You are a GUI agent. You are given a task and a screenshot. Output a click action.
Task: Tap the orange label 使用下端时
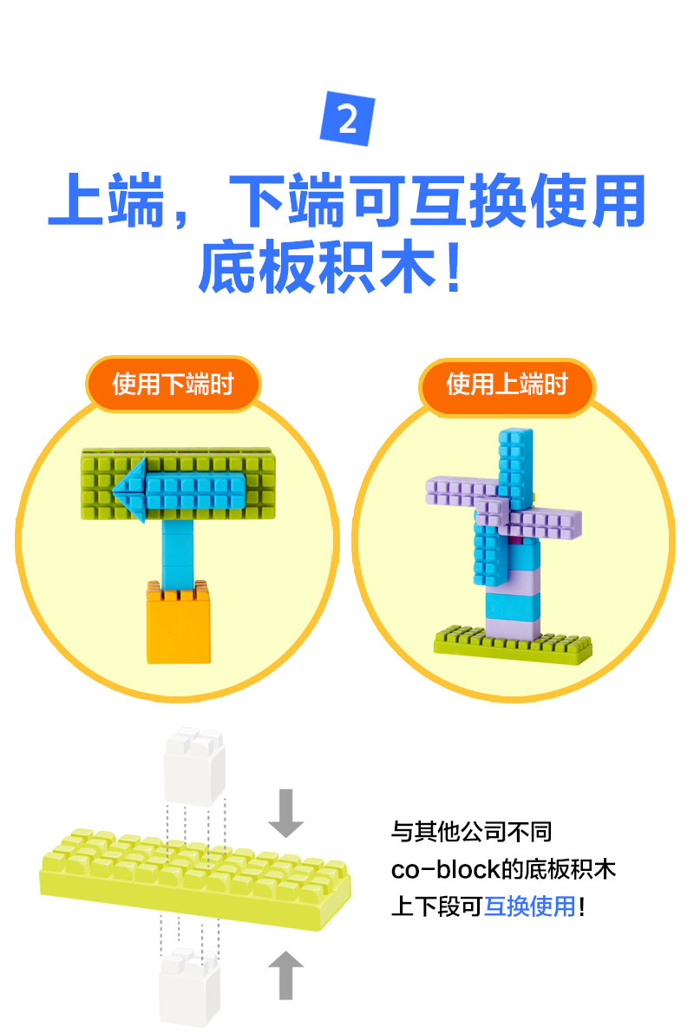click(x=173, y=384)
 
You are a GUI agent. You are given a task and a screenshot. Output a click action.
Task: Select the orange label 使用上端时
click(x=507, y=384)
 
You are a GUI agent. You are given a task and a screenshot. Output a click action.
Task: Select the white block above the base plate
click(x=195, y=764)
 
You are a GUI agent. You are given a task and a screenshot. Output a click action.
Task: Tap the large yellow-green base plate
click(x=195, y=868)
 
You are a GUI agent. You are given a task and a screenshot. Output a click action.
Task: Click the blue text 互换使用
click(x=529, y=907)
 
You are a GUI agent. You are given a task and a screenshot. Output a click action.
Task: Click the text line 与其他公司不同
click(x=471, y=832)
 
